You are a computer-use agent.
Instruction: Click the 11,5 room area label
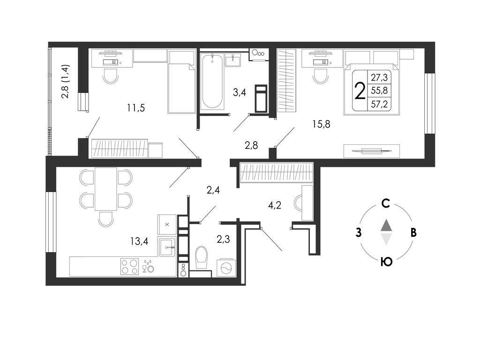[136, 108]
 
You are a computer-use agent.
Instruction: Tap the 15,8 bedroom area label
[321, 124]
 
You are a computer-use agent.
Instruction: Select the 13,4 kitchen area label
[139, 241]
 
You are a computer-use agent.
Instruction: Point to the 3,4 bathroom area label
[240, 92]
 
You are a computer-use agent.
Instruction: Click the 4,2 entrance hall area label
[275, 205]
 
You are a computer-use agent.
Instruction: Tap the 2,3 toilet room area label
[223, 239]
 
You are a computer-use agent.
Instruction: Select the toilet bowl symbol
[201, 257]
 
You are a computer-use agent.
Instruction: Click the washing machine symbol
[226, 268]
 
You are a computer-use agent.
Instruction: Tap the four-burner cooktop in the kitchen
[130, 267]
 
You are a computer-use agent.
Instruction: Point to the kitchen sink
[167, 246]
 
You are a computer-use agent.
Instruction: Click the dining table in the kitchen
[105, 189]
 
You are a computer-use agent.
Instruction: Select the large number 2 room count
[360, 91]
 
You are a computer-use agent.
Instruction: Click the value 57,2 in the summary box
[379, 105]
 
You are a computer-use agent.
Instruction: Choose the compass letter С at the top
[386, 203]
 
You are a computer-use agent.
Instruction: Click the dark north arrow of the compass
[386, 225]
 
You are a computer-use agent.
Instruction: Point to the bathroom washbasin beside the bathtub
[233, 60]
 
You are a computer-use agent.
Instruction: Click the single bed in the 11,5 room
[181, 82]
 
